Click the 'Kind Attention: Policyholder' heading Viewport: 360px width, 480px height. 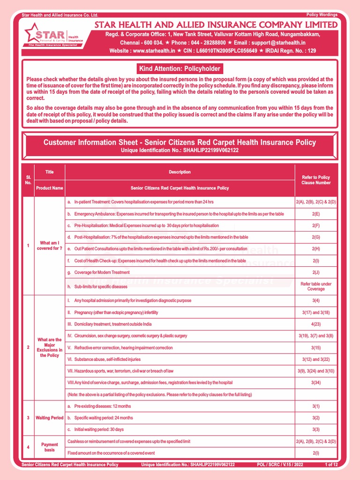[180, 69]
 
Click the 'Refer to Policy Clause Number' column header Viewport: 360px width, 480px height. [316, 180]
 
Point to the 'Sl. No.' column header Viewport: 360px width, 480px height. [28, 180]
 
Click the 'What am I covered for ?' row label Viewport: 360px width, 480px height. [49, 246]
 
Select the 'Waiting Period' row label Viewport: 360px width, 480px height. [49, 418]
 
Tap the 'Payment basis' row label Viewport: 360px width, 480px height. [49, 448]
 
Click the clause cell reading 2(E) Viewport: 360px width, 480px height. [316, 214]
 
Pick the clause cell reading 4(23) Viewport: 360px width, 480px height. [316, 324]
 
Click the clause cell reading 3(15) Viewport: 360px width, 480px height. [316, 348]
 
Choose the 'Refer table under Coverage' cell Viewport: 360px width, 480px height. [316, 286]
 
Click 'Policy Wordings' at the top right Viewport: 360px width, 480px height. [322, 15]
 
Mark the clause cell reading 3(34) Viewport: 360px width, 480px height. [316, 382]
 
